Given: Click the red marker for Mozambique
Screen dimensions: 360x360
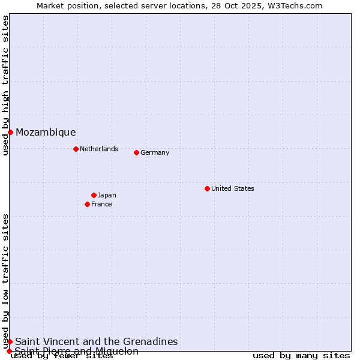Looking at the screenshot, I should (x=10, y=132).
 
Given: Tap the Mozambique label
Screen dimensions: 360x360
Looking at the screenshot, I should (x=46, y=133).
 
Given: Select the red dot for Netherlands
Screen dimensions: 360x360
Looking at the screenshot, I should (x=76, y=149).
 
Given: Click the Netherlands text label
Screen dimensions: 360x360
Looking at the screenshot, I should (x=99, y=149).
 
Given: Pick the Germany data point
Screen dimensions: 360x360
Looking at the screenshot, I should (x=136, y=152).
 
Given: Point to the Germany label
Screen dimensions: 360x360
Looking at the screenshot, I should (x=155, y=152).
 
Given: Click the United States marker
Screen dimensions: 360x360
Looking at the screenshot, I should (x=207, y=188).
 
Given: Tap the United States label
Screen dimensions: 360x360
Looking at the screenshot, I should (x=233, y=188).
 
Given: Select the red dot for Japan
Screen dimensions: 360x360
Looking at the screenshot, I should (x=94, y=195).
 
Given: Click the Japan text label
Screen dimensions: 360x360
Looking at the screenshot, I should (x=107, y=195).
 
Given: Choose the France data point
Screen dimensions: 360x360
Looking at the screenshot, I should (x=87, y=204).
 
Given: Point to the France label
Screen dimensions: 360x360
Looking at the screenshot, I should (x=101, y=204).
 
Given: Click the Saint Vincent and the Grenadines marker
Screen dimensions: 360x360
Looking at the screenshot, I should (x=10, y=341).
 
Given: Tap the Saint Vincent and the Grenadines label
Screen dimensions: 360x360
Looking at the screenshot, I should (x=97, y=341).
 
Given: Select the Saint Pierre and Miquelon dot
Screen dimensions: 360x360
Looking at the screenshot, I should (x=9, y=351).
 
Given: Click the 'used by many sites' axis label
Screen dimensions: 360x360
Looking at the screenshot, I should (x=301, y=356).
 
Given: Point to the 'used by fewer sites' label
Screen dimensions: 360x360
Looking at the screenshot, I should (x=62, y=356).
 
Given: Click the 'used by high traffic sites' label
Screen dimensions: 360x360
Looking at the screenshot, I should (x=5, y=85).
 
